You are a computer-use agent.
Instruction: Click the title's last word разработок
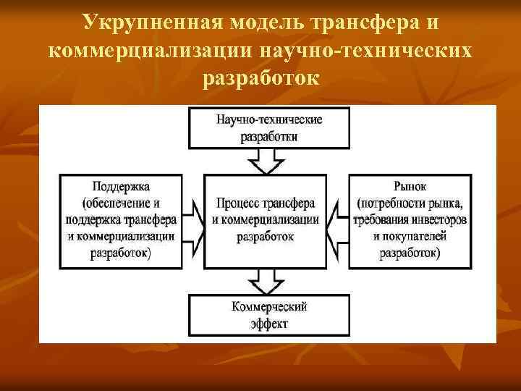point(260,76)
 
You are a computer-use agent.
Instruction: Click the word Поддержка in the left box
point(121,186)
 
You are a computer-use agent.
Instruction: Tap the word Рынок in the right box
point(410,186)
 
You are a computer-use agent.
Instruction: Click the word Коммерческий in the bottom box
point(269,306)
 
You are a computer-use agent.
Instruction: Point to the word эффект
point(268,323)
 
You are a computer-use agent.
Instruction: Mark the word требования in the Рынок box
point(380,219)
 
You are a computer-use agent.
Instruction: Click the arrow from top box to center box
point(268,159)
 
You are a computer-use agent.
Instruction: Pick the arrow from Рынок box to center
point(339,221)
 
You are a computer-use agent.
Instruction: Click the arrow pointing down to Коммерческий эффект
point(268,279)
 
